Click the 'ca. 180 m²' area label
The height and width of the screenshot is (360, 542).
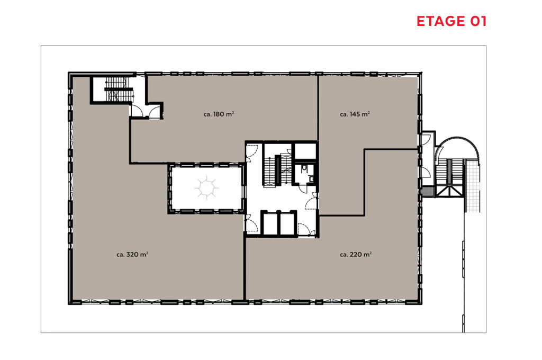coord(219,114)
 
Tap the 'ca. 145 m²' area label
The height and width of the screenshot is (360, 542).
coord(355,114)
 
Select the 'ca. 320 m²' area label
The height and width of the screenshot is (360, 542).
coord(132,254)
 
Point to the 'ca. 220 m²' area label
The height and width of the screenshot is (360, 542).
coord(356,254)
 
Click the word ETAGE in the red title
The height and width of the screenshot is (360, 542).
coord(441,21)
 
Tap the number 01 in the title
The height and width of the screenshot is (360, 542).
coord(478,21)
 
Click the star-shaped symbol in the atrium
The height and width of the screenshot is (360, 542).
coord(207,188)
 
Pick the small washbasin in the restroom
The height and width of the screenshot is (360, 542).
coord(311,179)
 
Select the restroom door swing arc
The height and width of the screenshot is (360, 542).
coord(303,189)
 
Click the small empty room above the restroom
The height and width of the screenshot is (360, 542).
coord(305,151)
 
